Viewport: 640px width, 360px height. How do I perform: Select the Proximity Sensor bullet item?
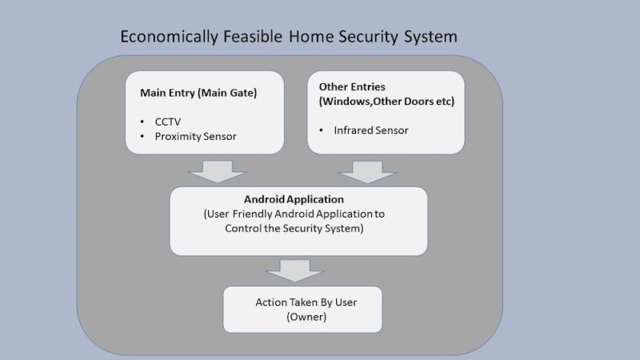(x=197, y=137)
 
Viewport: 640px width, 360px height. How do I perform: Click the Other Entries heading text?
(x=352, y=86)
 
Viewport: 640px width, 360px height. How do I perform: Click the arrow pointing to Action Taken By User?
(x=294, y=270)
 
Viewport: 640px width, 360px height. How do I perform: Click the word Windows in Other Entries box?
(x=345, y=102)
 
